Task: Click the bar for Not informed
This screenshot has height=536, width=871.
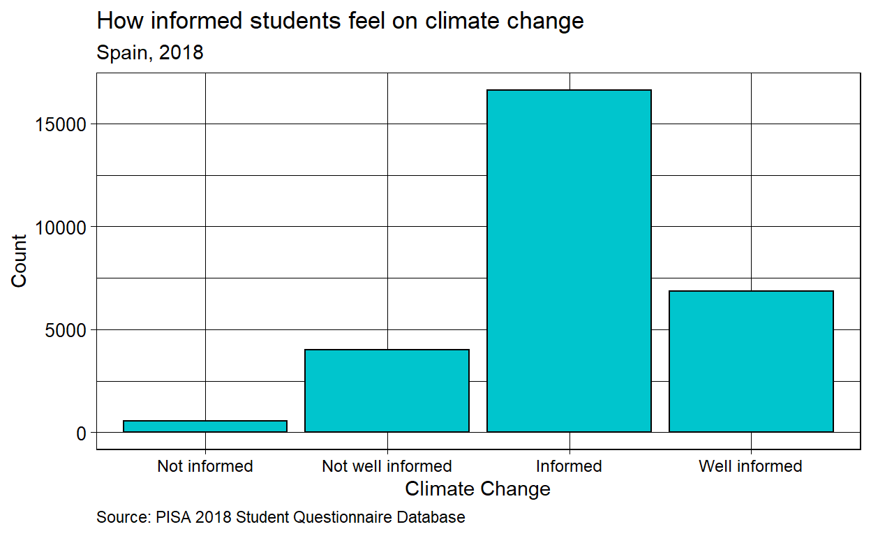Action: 205,426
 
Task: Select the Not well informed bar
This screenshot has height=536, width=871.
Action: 387,391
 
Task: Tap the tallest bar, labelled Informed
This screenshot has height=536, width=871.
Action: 569,261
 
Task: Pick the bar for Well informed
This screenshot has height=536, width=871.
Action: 751,362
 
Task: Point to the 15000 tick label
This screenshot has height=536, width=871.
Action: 61,124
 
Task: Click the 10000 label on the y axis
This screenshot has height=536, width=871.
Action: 61,227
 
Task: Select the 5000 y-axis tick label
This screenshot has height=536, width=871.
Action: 67,329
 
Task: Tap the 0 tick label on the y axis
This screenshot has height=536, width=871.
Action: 81,433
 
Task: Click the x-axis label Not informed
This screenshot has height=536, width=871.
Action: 205,466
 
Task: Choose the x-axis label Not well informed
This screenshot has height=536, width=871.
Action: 387,466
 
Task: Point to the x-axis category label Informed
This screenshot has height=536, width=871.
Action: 569,466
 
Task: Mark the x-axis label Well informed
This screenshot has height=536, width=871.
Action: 751,466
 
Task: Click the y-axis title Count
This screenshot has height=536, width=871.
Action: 19,260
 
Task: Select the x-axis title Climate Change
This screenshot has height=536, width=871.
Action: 477,489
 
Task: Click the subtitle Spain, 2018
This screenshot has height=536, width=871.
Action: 150,52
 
